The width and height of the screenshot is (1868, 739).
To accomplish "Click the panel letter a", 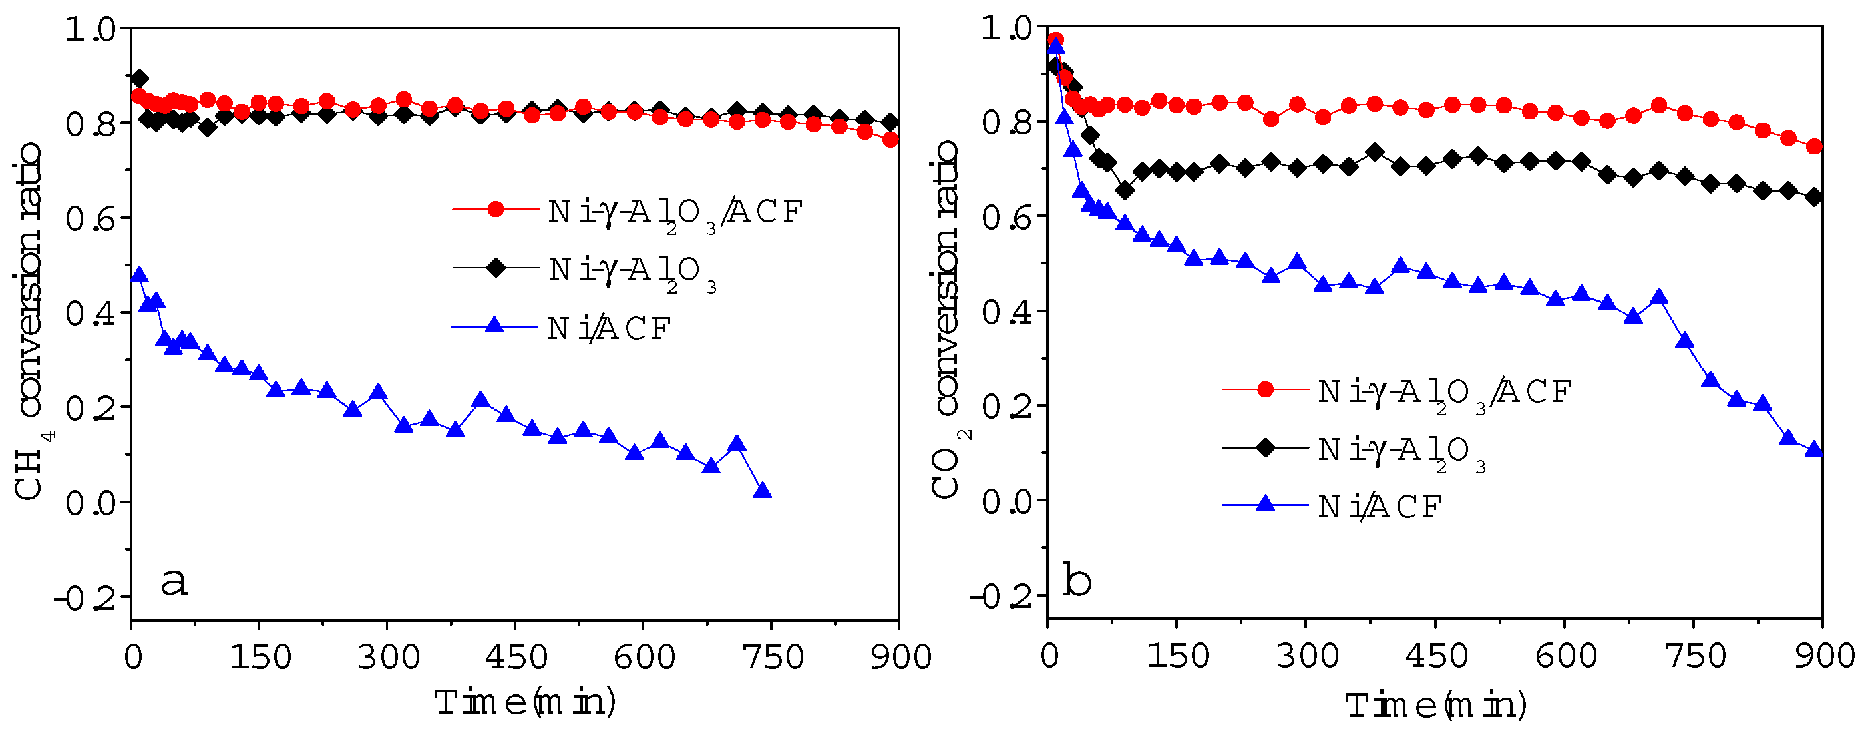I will (x=174, y=583).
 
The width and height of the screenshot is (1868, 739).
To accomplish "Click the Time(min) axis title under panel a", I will (x=525, y=702).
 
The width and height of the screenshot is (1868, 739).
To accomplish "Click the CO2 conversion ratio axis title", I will (x=947, y=319).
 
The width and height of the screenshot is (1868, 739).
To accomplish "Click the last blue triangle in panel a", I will (x=762, y=491).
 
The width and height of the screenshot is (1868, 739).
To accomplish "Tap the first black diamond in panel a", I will (x=140, y=79).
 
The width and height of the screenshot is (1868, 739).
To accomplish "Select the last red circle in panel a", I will (x=890, y=140).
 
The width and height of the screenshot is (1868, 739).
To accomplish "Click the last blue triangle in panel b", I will (x=1813, y=449).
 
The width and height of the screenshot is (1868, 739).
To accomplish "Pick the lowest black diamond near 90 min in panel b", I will (x=1125, y=190).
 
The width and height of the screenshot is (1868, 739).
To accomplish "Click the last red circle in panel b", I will (x=1814, y=146).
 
